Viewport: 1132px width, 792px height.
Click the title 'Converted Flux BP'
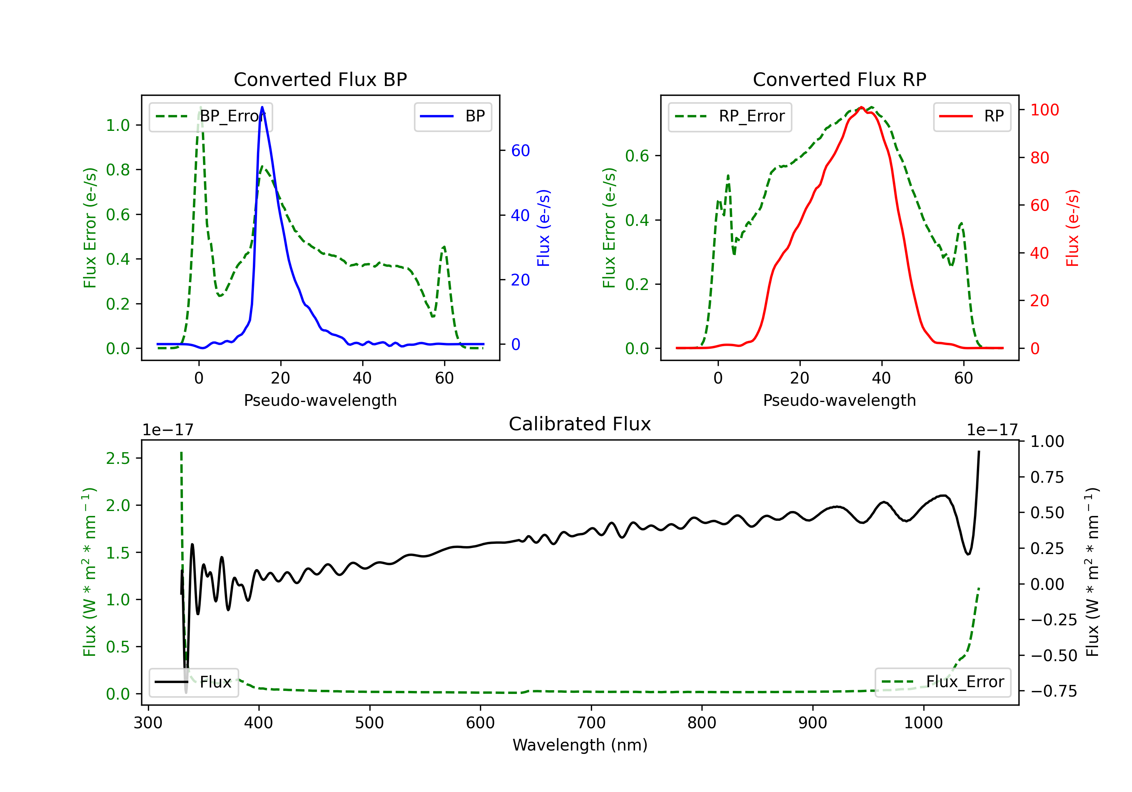tap(320, 79)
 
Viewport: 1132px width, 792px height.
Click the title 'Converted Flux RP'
tap(840, 79)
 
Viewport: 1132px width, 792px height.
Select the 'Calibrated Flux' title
tap(580, 424)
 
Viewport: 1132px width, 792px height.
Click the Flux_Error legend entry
tap(943, 682)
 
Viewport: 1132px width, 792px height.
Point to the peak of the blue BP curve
tap(262, 107)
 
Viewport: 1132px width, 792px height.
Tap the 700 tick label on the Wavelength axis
tap(591, 723)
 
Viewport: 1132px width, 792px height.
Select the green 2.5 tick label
tap(118, 458)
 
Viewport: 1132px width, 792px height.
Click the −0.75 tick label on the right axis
tap(1054, 691)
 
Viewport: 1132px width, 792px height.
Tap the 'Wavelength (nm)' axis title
tap(580, 745)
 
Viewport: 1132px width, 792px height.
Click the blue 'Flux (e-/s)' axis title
tap(543, 228)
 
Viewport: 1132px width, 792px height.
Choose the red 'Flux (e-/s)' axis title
tap(1072, 228)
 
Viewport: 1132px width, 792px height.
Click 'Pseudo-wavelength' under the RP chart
tap(840, 400)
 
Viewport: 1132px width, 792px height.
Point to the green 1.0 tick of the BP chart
tap(118, 126)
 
